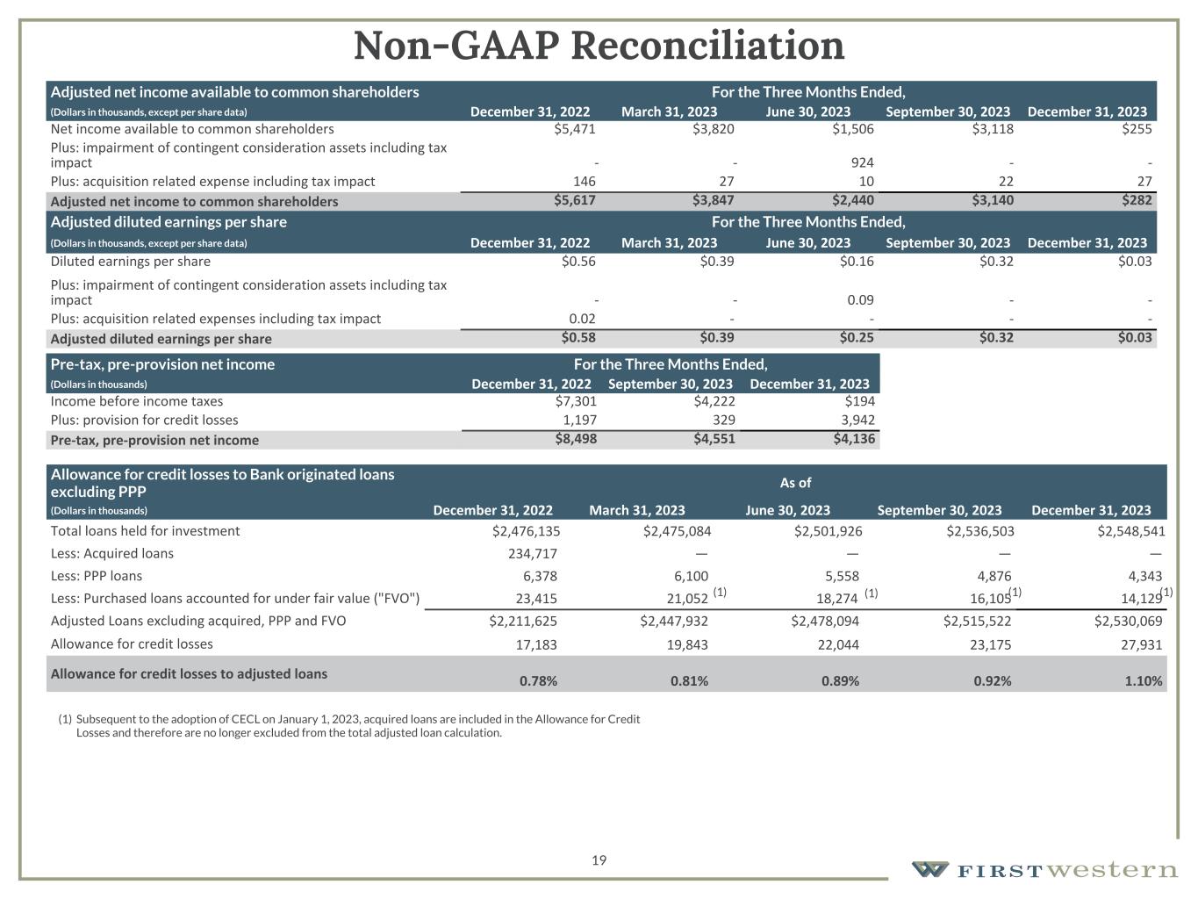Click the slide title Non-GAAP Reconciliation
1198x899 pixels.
(x=599, y=47)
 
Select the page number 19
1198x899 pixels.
(x=599, y=860)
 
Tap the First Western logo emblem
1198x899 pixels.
(x=929, y=869)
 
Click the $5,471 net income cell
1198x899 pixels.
(x=574, y=129)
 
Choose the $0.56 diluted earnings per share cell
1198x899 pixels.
(x=578, y=261)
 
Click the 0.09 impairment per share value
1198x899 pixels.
(x=860, y=299)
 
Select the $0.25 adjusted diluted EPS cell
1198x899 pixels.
(x=856, y=338)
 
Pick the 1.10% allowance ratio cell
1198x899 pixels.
(x=1144, y=680)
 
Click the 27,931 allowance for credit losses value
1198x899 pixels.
(x=1141, y=644)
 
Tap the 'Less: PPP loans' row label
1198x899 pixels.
(x=97, y=576)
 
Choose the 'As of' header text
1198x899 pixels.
(x=795, y=482)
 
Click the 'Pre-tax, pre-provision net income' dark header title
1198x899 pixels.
(x=162, y=364)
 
